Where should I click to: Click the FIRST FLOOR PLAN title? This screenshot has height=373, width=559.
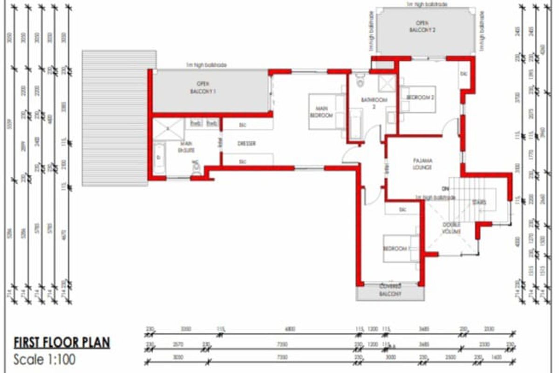tap(61, 343)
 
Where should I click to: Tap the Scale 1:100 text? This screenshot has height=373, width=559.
tap(44, 360)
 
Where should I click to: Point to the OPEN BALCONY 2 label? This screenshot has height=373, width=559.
tap(422, 27)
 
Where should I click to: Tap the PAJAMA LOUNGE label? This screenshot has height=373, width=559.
tap(422, 164)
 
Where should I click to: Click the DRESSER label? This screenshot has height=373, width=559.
tap(247, 144)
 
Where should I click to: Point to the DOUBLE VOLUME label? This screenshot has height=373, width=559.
tap(451, 228)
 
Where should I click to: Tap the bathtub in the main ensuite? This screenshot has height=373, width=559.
tap(159, 159)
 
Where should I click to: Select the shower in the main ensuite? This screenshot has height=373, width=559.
tap(168, 129)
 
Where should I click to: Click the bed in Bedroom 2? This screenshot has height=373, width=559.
tap(418, 99)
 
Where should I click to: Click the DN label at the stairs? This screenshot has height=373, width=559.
tap(445, 189)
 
